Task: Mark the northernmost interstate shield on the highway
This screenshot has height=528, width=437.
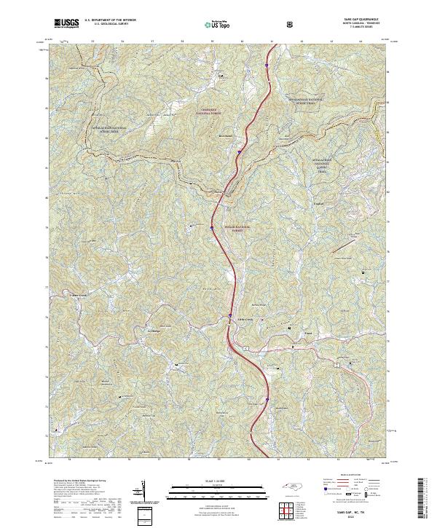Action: [267, 65]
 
